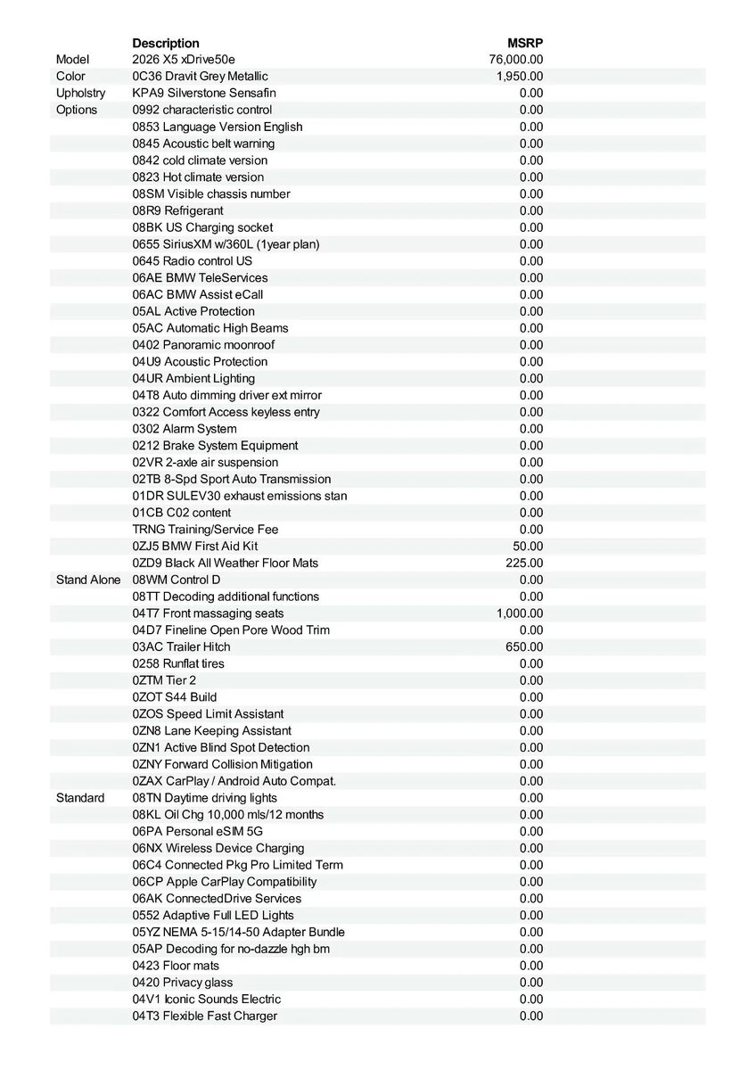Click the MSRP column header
525,43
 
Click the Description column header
166,43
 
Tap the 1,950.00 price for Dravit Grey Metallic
520,77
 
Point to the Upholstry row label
80,93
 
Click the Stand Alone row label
87,580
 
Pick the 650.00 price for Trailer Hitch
524,646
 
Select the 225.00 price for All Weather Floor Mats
524,563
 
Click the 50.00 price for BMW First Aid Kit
528,546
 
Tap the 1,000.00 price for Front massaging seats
520,613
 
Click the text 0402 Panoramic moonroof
203,344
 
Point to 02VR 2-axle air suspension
205,462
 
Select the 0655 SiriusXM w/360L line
226,243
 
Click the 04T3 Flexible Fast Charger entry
205,1016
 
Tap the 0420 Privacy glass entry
183,982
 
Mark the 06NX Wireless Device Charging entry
218,848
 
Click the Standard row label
80,798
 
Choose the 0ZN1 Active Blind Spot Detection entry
221,747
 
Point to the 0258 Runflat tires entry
178,663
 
